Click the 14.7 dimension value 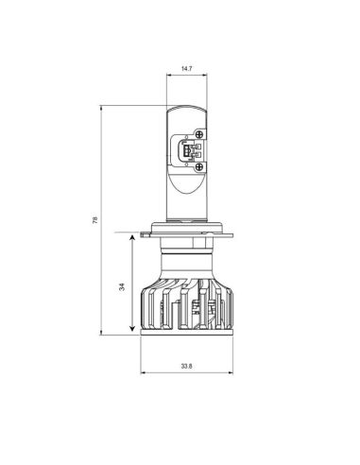pos(187,69)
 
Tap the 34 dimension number pos(122,287)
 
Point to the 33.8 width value pos(187,365)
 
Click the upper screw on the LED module pos(200,134)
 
